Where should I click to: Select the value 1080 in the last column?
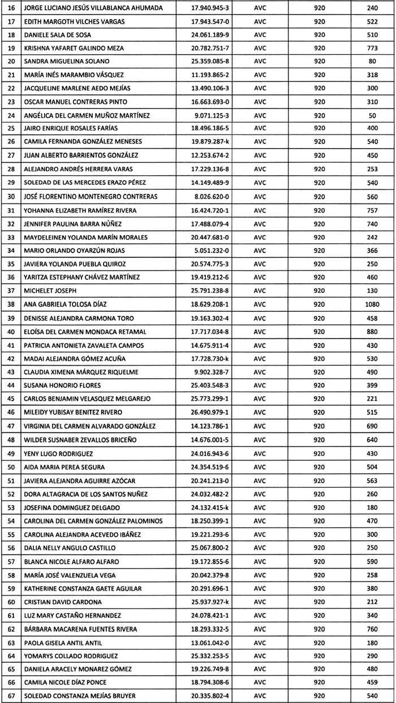click(372, 305)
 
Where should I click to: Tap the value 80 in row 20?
click(372, 61)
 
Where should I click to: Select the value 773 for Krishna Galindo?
click(372, 48)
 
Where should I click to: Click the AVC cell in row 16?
click(261, 8)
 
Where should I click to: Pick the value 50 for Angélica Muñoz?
click(372, 115)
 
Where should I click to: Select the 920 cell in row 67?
click(319, 696)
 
